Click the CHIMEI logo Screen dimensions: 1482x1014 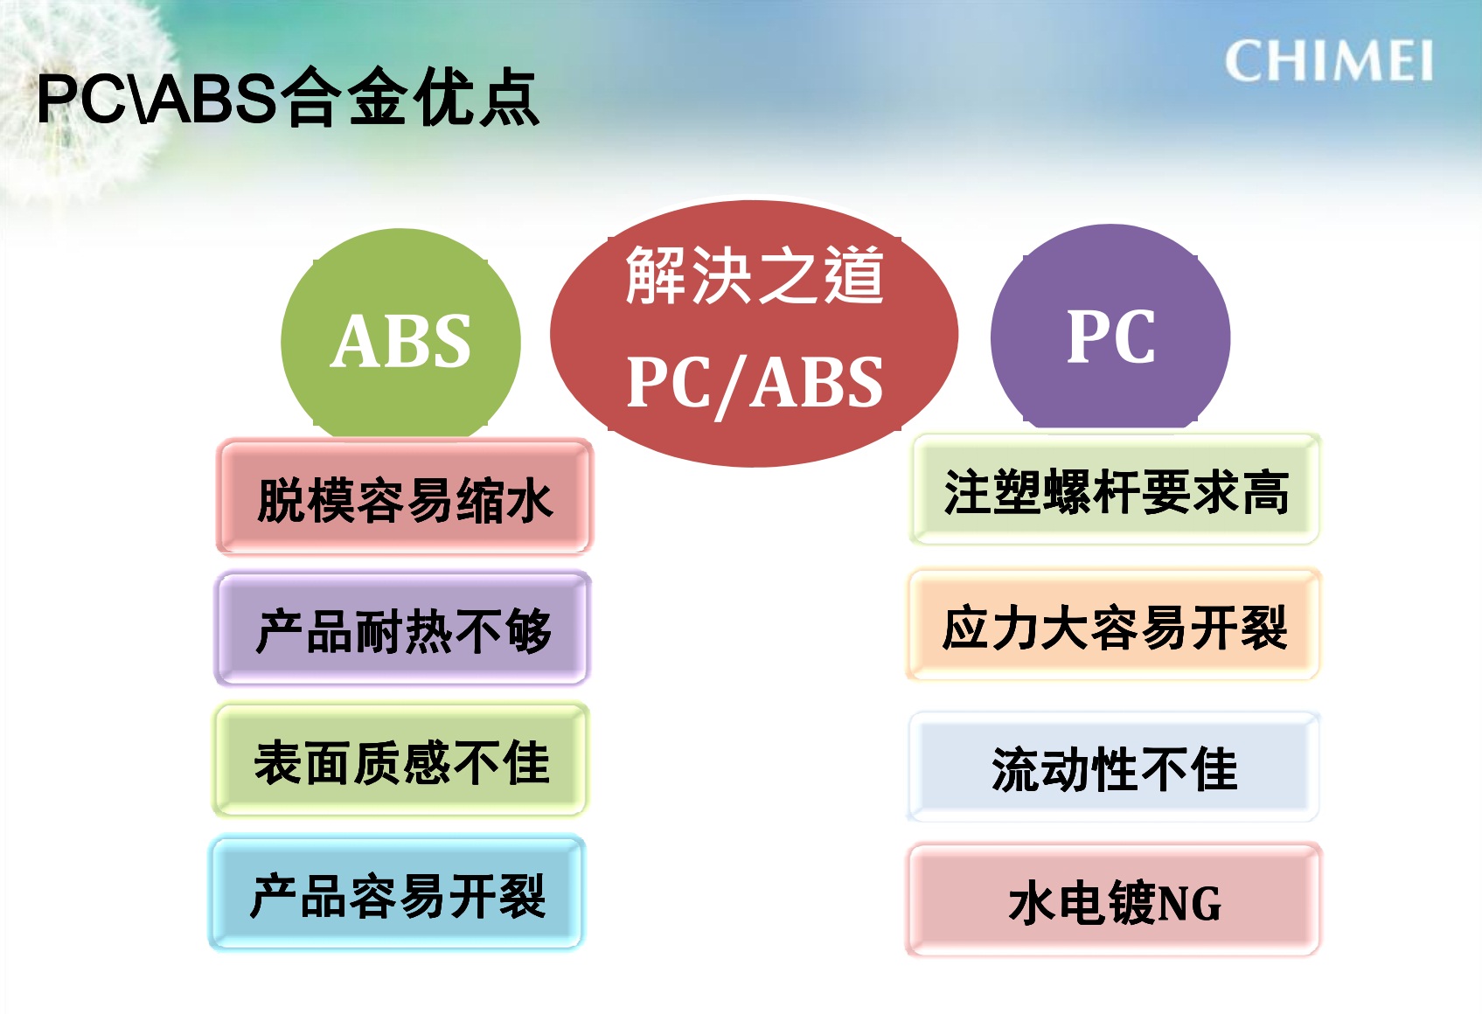click(1328, 60)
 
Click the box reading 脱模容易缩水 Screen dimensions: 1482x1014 click(405, 497)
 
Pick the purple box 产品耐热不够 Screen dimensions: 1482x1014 click(402, 629)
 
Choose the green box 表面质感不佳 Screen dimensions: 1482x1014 click(401, 760)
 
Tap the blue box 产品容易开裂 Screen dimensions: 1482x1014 click(398, 893)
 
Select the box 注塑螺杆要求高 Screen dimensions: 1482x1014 click(1116, 490)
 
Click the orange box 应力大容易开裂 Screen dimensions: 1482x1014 click(1114, 624)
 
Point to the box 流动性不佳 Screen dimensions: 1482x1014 click(1114, 767)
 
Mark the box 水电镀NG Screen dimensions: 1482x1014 click(1114, 900)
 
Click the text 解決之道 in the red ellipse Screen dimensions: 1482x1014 click(755, 275)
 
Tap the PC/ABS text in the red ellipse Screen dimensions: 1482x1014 click(755, 385)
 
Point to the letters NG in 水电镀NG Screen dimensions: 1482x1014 click(1187, 904)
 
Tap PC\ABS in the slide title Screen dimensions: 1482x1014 click(157, 99)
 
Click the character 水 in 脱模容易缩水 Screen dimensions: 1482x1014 click(528, 501)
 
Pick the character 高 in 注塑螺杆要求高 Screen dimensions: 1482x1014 click(1265, 493)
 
